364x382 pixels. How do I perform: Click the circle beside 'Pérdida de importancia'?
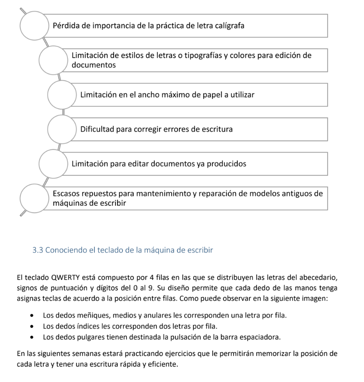point(34,26)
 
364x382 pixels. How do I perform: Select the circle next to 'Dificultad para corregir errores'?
point(61,129)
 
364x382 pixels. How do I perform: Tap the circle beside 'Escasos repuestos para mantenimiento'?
point(34,198)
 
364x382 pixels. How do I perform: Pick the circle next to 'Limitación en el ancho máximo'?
point(61,94)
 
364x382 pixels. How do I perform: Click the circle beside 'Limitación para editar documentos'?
point(53,164)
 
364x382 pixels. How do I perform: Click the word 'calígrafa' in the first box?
point(229,26)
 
